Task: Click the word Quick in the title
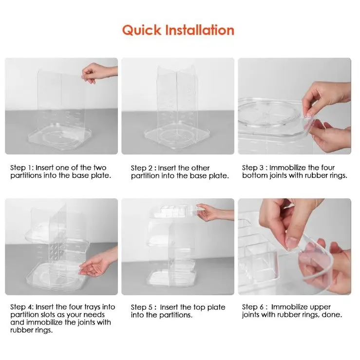[142, 30]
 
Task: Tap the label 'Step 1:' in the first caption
[22, 168]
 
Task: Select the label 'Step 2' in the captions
[141, 168]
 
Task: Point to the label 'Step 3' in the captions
[252, 168]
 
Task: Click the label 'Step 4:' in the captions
[22, 307]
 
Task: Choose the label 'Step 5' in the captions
[141, 307]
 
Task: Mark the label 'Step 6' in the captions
[252, 307]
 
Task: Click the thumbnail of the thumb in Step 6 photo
[293, 242]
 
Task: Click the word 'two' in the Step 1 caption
[100, 168]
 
